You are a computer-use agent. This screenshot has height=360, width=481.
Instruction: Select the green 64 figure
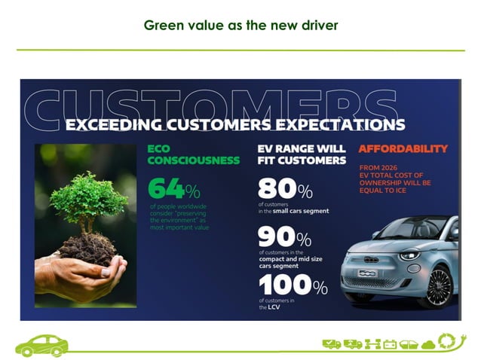click(x=167, y=188)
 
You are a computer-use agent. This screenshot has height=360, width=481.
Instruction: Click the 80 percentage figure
click(x=276, y=188)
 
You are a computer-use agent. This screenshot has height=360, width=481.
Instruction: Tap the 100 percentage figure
click(x=284, y=286)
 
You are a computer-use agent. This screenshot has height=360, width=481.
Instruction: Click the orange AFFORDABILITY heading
click(x=403, y=148)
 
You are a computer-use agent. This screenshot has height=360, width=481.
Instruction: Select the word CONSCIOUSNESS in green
click(x=193, y=160)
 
